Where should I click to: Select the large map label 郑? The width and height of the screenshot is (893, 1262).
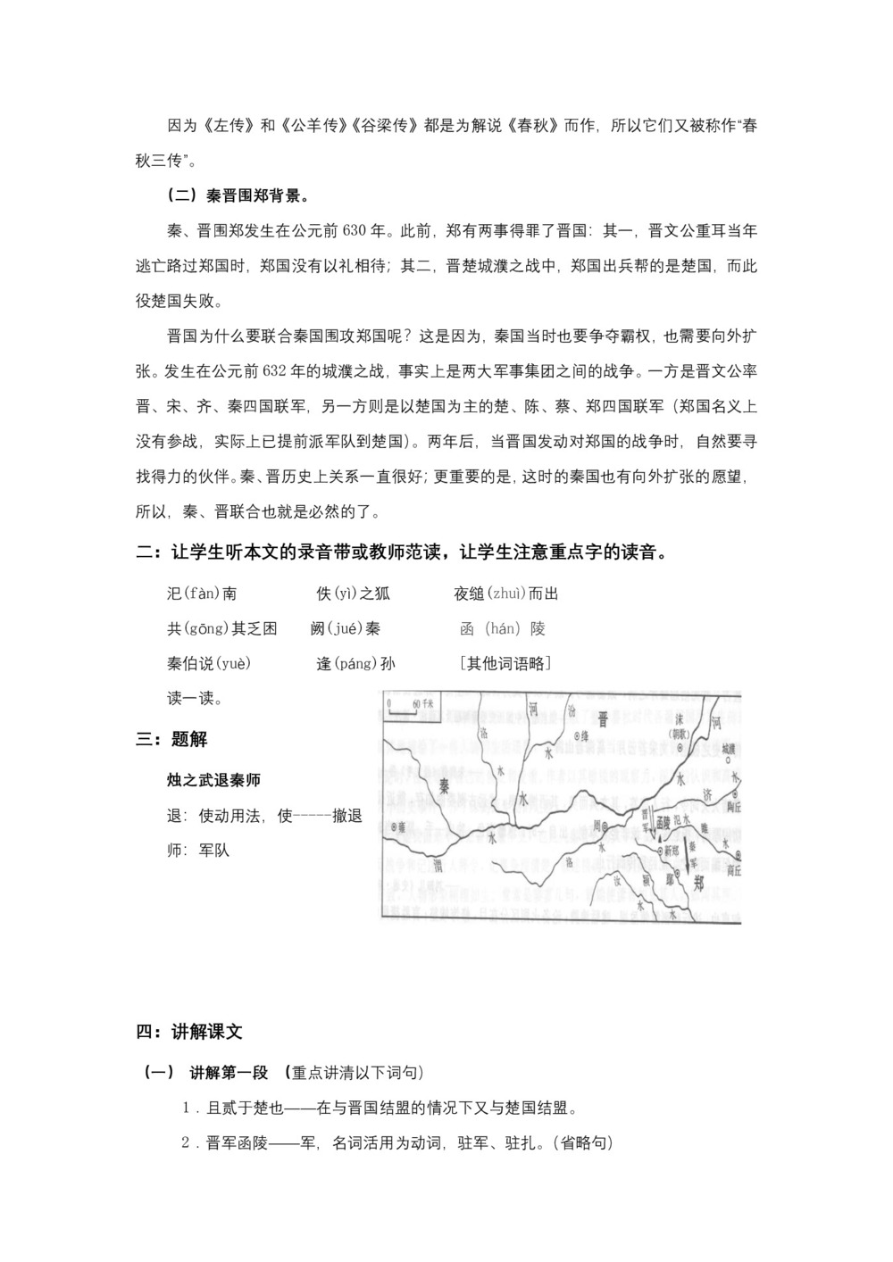698,882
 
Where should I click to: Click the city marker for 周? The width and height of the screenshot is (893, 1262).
605,826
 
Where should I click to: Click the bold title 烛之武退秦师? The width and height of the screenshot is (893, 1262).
213,780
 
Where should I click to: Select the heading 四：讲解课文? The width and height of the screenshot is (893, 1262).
189,1032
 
